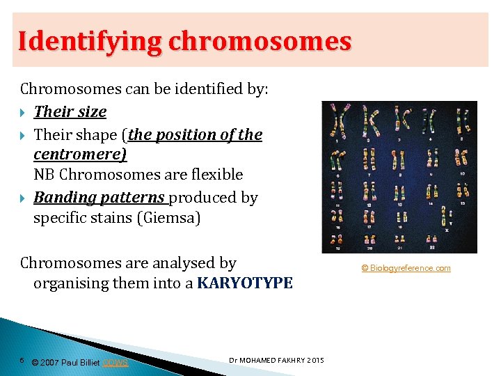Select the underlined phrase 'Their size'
[x=70, y=111]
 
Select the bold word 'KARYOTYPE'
[x=245, y=283]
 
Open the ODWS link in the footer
[x=116, y=362]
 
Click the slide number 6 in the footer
[x=22, y=360]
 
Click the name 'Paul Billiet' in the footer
[x=81, y=362]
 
